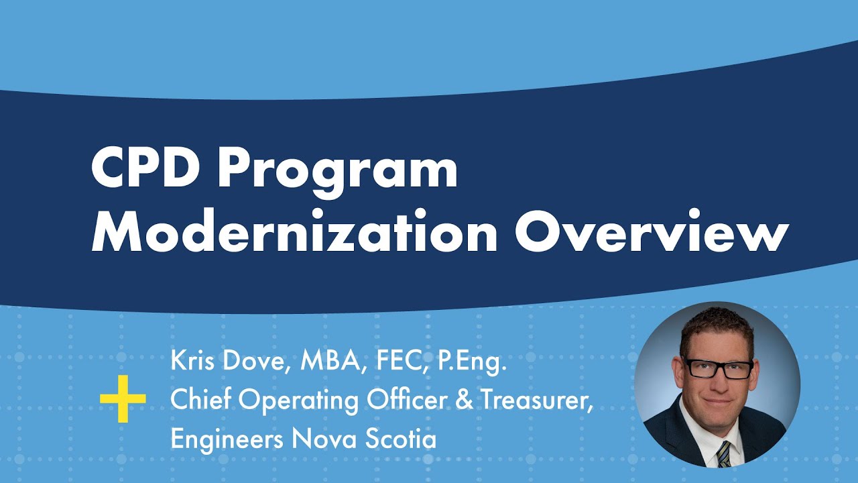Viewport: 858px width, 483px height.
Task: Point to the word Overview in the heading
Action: (651, 231)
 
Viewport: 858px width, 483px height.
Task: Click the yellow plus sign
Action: (123, 399)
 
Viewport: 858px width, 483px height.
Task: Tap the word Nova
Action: (322, 439)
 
